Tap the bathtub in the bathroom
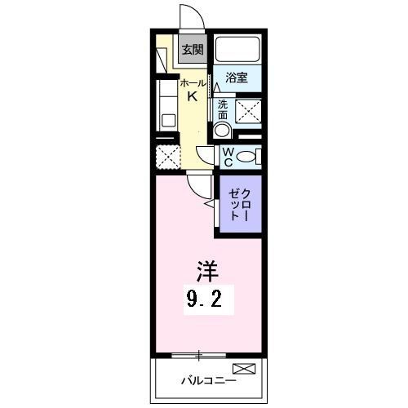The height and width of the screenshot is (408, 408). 237,51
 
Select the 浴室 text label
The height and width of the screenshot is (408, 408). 237,78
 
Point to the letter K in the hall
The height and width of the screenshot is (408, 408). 192,96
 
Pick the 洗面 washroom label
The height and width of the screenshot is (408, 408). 223,109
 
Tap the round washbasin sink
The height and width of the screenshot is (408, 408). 222,129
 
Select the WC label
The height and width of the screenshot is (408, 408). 228,156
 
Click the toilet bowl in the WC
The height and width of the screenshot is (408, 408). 249,156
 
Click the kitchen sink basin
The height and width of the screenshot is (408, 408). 169,121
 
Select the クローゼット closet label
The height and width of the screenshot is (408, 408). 238,204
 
